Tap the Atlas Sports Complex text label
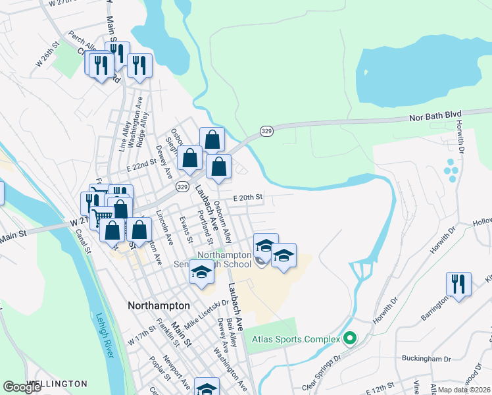coord(295,340)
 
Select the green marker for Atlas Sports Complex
coord(350,339)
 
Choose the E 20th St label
coord(247,197)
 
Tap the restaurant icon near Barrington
coord(458,284)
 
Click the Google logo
coord(22,387)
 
